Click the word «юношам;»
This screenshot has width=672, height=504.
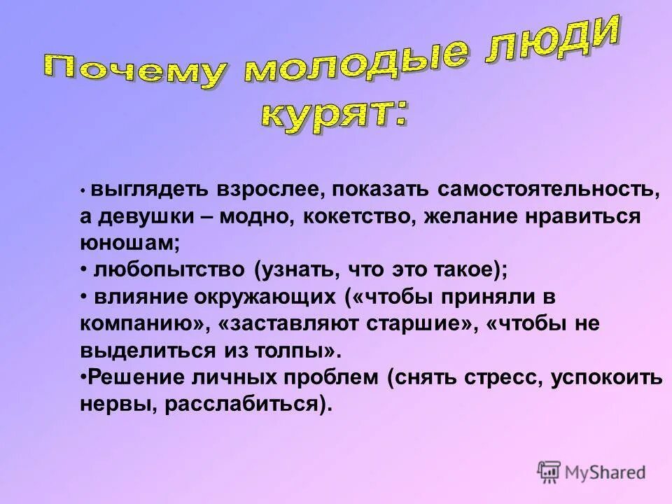coord(130,244)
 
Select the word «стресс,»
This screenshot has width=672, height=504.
coord(503,378)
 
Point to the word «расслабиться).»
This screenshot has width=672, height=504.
coord(248,405)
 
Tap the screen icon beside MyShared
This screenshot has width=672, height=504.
coord(549,472)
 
